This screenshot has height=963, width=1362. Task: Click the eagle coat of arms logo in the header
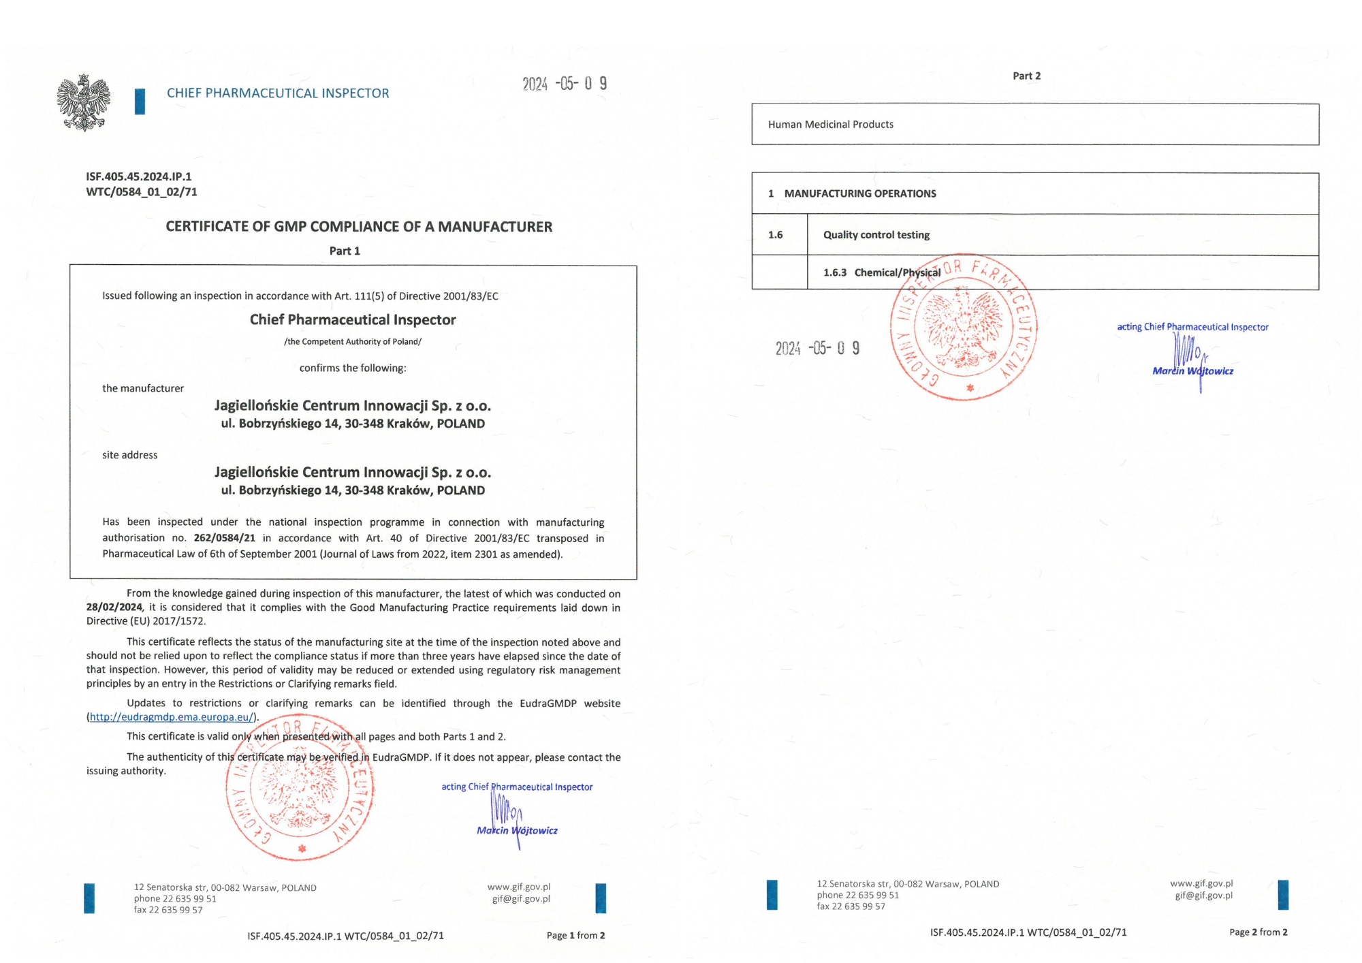pos(83,102)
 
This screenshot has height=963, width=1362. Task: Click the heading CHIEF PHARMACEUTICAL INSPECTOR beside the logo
pos(278,93)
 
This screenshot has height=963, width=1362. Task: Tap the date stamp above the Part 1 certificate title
pos(565,84)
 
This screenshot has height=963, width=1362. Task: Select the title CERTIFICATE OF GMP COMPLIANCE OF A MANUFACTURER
pos(359,227)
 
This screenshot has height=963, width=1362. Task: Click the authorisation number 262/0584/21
pos(225,538)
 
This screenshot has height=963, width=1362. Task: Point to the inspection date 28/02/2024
pos(114,607)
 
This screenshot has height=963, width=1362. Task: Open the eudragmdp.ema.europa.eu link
pos(172,717)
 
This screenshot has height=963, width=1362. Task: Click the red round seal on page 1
pos(300,787)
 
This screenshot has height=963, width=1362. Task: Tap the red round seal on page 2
pos(964,329)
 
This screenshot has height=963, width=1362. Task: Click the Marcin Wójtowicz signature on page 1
pos(516,821)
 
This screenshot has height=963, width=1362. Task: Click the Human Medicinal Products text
pos(831,125)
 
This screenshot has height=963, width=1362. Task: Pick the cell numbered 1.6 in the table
pos(776,235)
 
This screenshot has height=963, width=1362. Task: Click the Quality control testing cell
pos(876,235)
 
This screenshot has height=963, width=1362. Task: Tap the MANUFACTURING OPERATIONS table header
pos(860,193)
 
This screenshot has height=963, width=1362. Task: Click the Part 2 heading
pos(1026,76)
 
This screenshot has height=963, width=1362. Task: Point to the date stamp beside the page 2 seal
pos(817,349)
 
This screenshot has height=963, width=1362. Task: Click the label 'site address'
pos(130,455)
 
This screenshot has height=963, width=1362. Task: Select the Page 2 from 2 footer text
pos(1258,932)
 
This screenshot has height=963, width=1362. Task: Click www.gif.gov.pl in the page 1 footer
pos(519,887)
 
